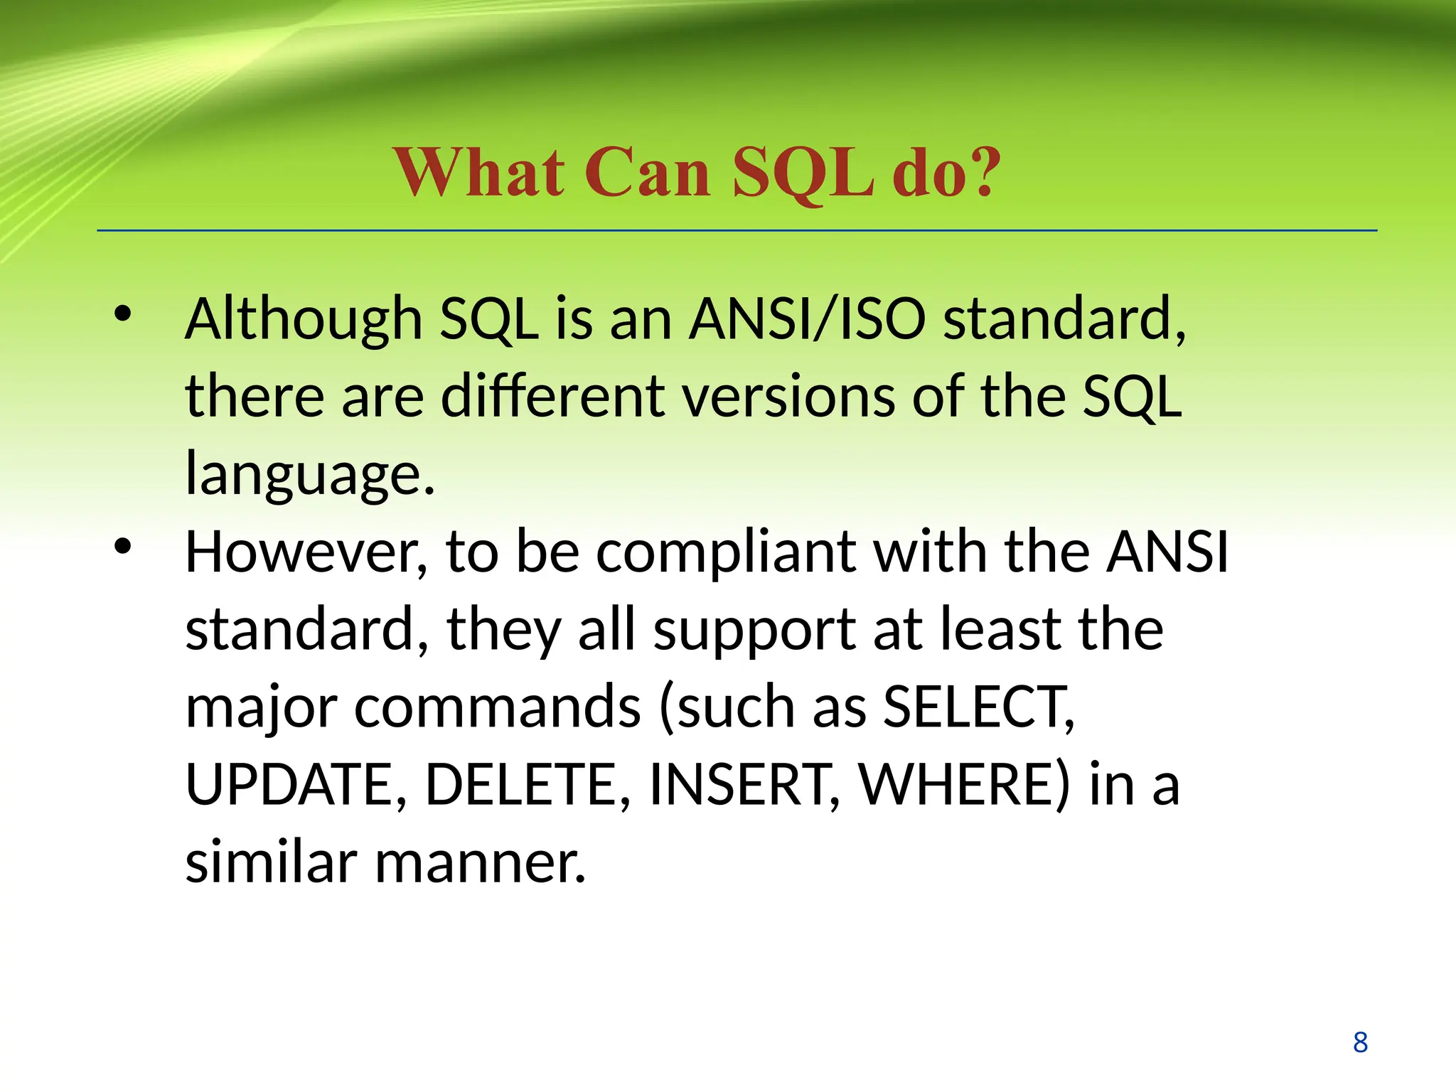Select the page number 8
point(1360,1042)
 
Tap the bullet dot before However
point(123,546)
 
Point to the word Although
point(304,320)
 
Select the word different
point(553,396)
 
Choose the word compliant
point(725,553)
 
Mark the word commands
point(498,707)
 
